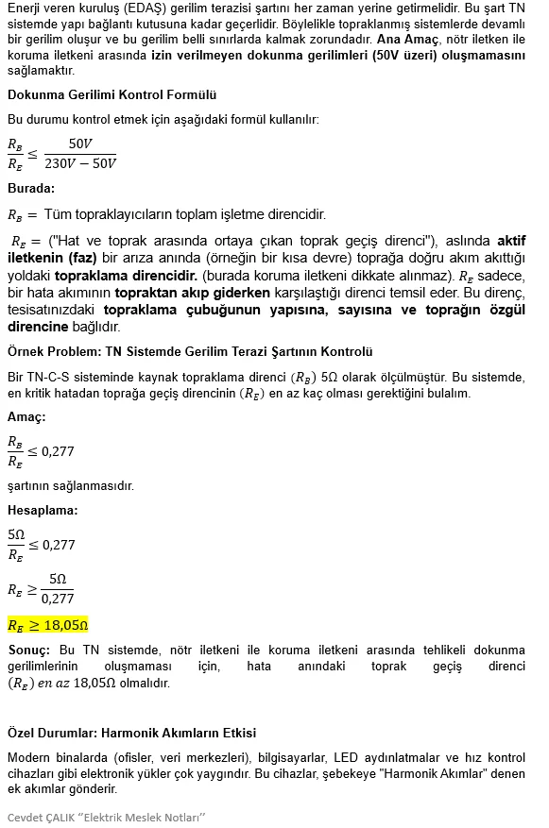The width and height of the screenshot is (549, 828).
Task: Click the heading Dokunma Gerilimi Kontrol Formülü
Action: tap(112, 94)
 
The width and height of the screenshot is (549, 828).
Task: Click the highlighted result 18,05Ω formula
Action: tap(48, 625)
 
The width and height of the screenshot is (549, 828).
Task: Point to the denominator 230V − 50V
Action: tap(80, 163)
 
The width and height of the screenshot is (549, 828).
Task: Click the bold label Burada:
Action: tap(31, 188)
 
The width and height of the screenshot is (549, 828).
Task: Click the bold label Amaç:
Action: tap(26, 416)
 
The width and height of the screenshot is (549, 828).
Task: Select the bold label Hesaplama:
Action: tap(43, 510)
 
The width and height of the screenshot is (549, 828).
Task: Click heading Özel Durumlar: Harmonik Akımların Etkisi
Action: tap(131, 733)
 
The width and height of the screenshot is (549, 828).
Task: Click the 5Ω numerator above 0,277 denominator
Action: tap(58, 579)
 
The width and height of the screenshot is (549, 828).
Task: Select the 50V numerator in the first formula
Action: tap(80, 144)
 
